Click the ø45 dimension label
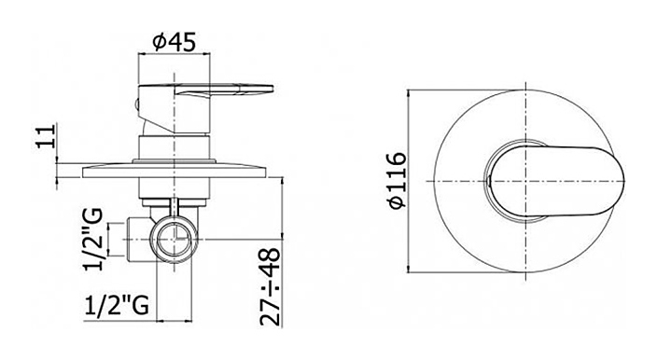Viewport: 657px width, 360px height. (x=174, y=42)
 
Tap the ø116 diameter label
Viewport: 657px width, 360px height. (x=398, y=180)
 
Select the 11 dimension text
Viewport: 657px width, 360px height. (x=47, y=135)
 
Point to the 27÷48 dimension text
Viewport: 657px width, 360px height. (x=270, y=286)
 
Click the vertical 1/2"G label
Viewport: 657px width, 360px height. (x=93, y=240)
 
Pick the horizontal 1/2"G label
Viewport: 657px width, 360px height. (x=117, y=306)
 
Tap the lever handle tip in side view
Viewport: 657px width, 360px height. (x=268, y=90)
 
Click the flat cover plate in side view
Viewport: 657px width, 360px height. (x=175, y=172)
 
